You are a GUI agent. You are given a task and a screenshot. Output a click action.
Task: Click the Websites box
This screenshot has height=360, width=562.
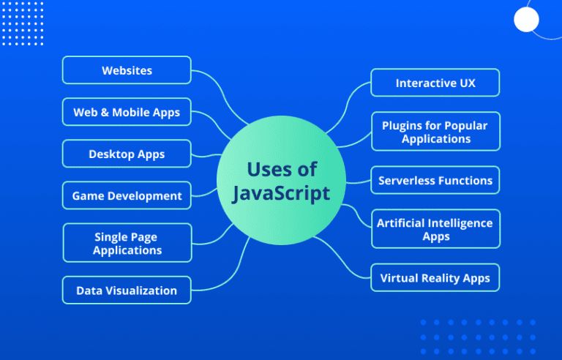(x=127, y=70)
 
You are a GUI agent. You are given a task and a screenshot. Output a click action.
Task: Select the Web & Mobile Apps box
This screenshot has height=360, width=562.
(x=127, y=112)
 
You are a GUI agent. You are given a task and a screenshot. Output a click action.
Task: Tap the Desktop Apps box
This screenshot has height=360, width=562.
(x=127, y=154)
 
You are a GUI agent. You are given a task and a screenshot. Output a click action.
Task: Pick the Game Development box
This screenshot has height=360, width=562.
(x=127, y=195)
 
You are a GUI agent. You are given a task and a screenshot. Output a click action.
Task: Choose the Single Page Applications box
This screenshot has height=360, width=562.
(x=127, y=243)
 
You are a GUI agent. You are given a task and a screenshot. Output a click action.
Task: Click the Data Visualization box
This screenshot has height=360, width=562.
(x=127, y=290)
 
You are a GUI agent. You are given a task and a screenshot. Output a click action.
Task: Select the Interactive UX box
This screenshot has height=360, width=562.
(x=435, y=83)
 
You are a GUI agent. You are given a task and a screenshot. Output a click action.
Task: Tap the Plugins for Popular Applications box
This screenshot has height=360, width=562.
(x=435, y=132)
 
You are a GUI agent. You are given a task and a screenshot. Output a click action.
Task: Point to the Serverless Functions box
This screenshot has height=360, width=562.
(x=435, y=180)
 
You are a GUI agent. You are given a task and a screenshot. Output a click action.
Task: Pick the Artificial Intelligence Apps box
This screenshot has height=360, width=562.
(x=435, y=229)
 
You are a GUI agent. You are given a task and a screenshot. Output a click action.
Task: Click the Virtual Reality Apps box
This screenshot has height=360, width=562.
(x=435, y=278)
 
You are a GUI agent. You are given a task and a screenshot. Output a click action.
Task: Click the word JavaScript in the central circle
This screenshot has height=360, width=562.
(x=281, y=194)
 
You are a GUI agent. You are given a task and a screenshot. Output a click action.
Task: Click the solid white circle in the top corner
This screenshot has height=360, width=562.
(x=526, y=19)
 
